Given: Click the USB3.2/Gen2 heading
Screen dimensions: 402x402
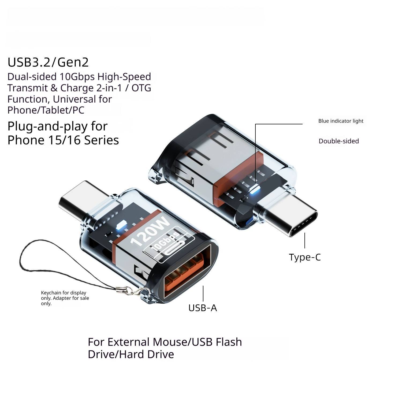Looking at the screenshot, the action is (48, 62).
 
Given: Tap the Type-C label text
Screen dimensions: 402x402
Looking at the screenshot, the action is (305, 257).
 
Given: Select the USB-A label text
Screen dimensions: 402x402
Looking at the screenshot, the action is (203, 308).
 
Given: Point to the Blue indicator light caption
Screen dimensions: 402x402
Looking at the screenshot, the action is (341, 121).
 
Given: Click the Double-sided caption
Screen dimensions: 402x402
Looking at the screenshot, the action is (338, 141).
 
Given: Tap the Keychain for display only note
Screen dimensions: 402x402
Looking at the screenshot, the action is (65, 298).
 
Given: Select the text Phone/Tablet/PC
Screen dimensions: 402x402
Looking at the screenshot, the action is (46, 110).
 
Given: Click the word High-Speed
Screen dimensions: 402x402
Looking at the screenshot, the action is (124, 77).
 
